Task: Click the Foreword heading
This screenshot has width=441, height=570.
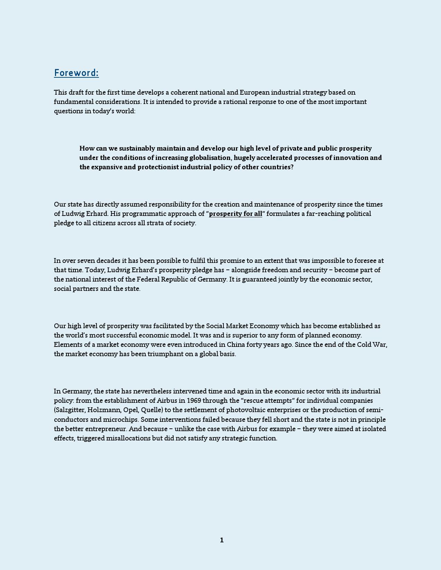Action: (76, 73)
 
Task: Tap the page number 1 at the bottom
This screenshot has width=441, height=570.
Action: (222, 540)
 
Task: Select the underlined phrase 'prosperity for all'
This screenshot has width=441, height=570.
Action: (236, 214)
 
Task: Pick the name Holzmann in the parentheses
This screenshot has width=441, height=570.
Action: (103, 410)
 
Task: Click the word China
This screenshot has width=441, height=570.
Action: (236, 345)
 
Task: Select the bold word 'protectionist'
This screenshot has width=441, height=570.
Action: (158, 167)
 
